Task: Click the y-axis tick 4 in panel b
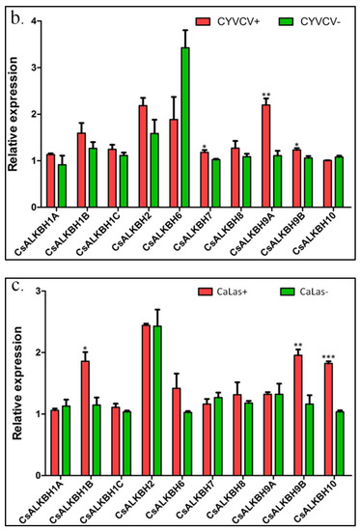pos(34,20)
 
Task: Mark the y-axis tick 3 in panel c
pos(34,292)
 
